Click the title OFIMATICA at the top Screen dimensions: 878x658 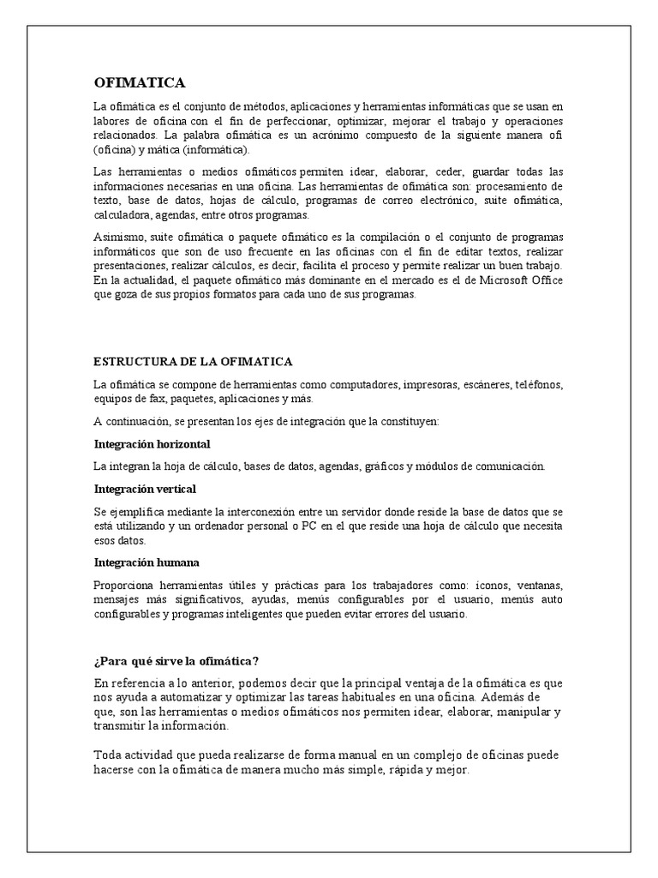pyautogui.click(x=140, y=82)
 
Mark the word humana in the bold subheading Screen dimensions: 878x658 pyautogui.click(x=176, y=562)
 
